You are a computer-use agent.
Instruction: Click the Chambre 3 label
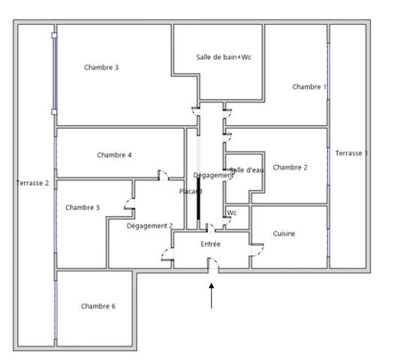[101, 67]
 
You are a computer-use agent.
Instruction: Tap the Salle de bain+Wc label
[224, 57]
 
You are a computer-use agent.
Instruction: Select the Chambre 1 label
[309, 87]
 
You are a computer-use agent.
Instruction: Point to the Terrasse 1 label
[351, 153]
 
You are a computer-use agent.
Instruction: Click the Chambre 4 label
[114, 155]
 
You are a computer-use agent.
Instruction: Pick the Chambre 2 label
[290, 167]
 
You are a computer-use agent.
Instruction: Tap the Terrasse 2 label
[32, 183]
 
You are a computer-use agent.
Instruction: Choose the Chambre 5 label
[83, 208]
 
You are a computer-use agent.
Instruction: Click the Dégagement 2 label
[149, 226]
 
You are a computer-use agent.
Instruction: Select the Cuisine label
[284, 233]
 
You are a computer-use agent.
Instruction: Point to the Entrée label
[210, 244]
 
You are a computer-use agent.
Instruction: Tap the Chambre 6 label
[98, 306]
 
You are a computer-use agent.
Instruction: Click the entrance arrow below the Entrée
[212, 296]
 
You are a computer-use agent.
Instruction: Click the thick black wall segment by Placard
[198, 199]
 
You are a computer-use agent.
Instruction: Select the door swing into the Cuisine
[258, 250]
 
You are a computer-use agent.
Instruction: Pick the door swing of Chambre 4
[164, 175]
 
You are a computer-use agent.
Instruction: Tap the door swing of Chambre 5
[129, 204]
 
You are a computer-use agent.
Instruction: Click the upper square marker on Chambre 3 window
[54, 35]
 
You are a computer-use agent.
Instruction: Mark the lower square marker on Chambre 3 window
[54, 112]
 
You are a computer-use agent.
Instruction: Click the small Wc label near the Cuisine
[232, 213]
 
